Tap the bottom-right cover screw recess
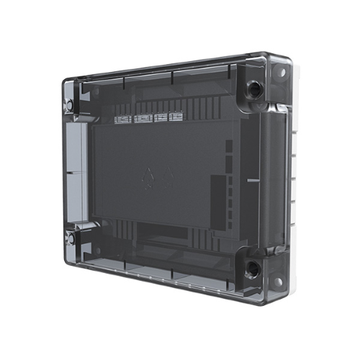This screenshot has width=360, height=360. click(x=254, y=269)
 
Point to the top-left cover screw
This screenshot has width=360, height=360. click(x=69, y=105)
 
